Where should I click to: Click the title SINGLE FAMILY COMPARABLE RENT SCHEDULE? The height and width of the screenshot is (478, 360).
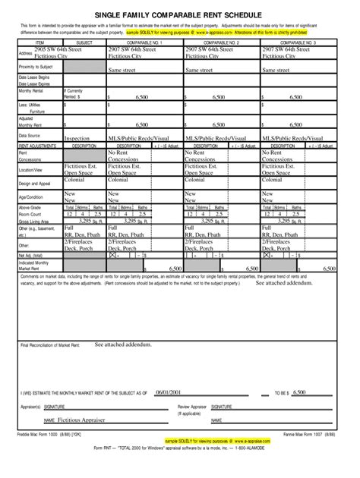pos(180,14)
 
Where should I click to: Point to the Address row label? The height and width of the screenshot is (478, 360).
pos(27,54)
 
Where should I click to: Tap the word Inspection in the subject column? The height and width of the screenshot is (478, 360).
pos(77,139)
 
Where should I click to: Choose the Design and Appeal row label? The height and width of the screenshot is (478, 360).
pos(34,184)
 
